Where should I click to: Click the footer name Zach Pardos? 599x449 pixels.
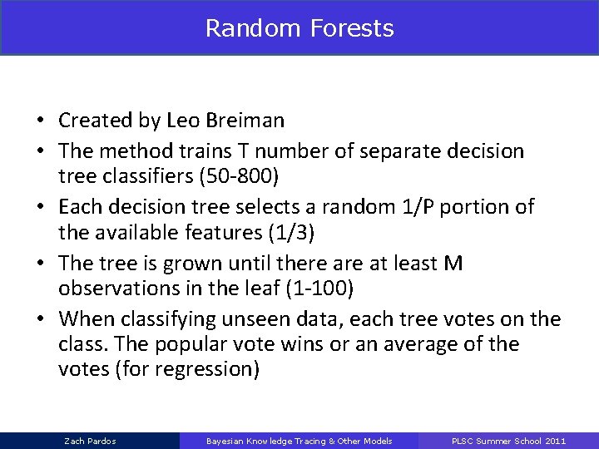point(89,440)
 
